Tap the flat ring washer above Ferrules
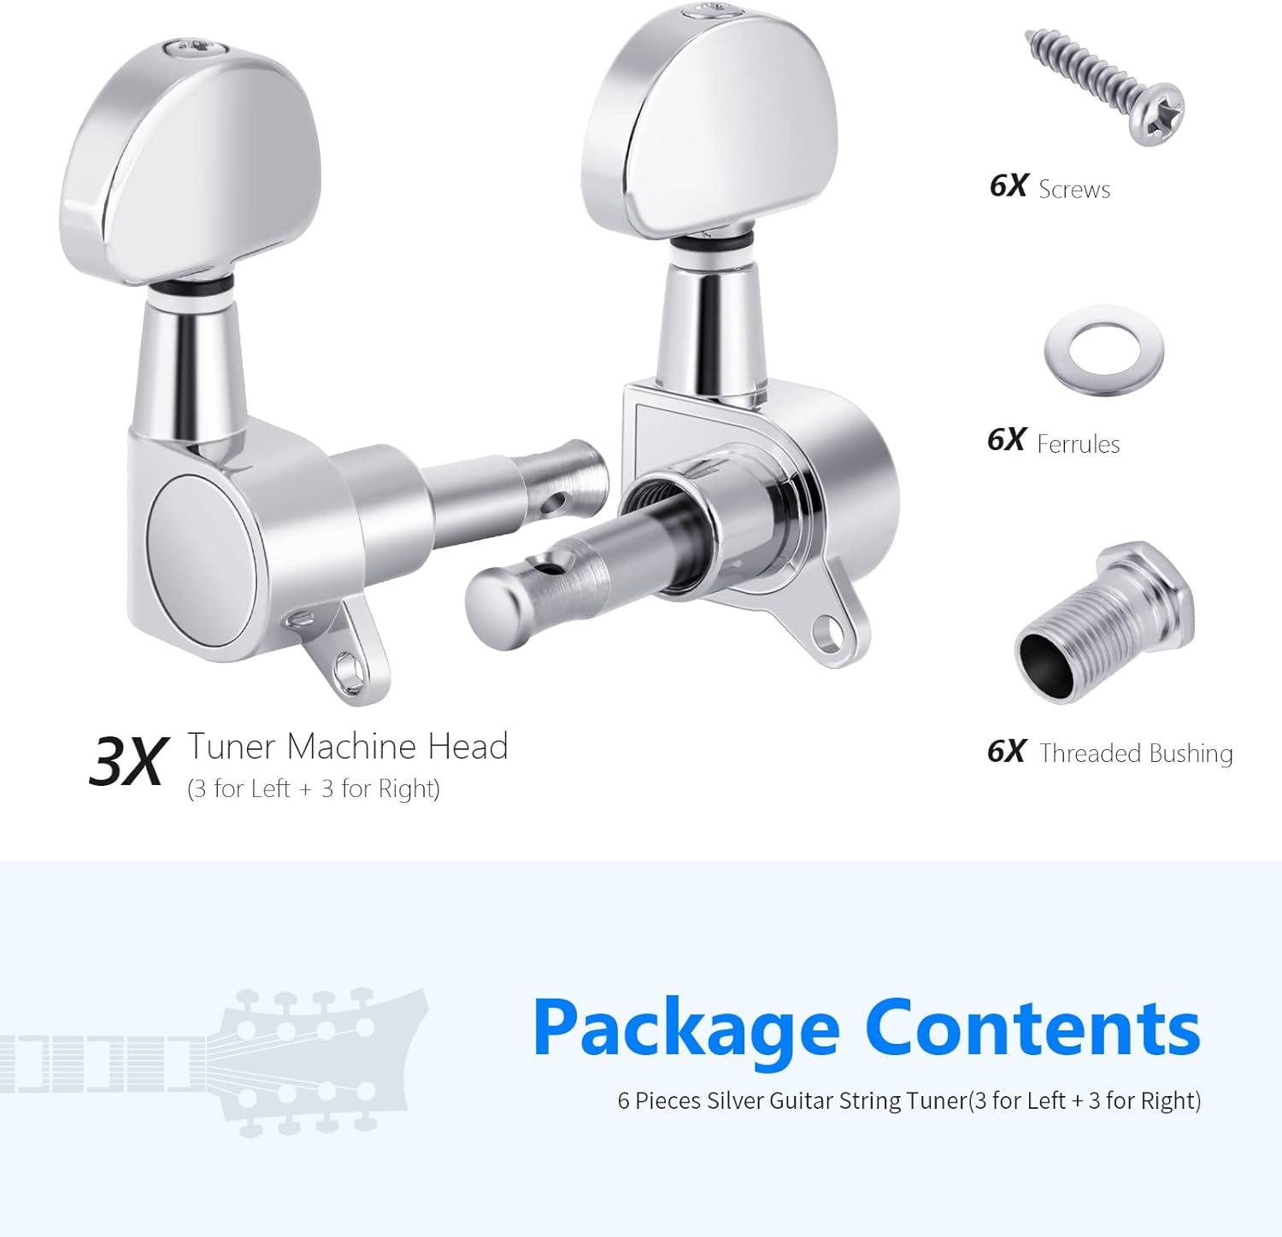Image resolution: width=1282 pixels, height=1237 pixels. [1103, 350]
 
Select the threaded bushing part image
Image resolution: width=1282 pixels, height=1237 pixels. [1104, 624]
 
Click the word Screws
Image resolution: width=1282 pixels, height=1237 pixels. [1074, 189]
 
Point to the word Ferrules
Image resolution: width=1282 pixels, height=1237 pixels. [1078, 444]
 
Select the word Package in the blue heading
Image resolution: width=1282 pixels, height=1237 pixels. [686, 1029]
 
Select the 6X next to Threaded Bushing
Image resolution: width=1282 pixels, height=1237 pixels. [1006, 752]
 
